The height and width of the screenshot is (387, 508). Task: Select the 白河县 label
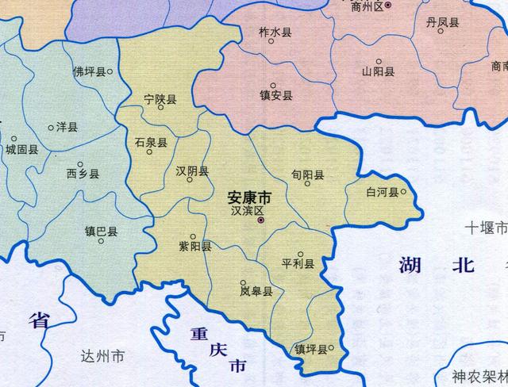[381, 192]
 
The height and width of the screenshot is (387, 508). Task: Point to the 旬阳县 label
[308, 175]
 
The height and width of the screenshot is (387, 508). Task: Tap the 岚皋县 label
[256, 291]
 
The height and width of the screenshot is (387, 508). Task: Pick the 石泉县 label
[151, 143]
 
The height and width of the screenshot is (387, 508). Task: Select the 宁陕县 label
[160, 100]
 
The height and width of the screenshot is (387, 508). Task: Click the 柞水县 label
[275, 32]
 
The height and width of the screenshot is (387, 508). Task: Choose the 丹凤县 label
[442, 23]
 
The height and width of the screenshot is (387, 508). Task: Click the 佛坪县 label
[89, 71]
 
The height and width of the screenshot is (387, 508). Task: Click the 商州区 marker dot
[388, 6]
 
